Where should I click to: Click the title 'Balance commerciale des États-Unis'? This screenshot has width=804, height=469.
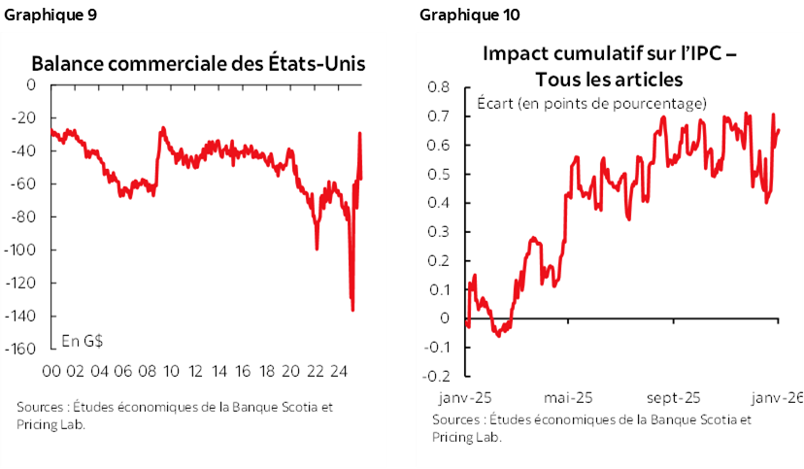pos(199,64)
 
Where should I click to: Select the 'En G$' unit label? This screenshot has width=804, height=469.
pos(83,340)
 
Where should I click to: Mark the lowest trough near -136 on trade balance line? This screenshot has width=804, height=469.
pos(352,310)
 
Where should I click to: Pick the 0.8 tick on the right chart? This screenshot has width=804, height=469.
pos(440,87)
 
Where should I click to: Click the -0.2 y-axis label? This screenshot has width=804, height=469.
pos(437,376)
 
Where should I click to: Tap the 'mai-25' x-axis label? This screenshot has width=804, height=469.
pos(568,397)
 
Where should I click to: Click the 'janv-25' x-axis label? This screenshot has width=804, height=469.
pos(463,397)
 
